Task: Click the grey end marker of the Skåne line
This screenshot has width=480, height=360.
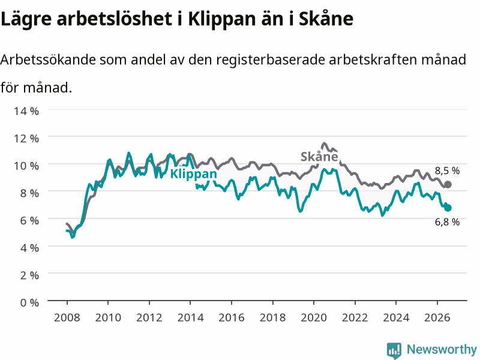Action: [x=448, y=184]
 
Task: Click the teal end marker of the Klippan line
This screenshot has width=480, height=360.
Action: [x=448, y=208]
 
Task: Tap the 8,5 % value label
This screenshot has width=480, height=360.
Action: [x=447, y=170]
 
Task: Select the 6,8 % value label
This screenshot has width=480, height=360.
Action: [x=447, y=222]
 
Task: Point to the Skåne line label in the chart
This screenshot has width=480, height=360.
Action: [x=319, y=157]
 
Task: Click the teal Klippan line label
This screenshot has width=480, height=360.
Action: [x=193, y=174]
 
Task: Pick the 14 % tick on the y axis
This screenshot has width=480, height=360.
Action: [x=26, y=111]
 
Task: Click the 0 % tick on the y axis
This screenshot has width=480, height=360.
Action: [x=29, y=302]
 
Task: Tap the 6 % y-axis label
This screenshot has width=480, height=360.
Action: [x=29, y=220]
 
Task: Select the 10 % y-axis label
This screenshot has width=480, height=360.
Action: [x=26, y=166]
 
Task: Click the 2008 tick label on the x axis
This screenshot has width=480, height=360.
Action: [x=67, y=317]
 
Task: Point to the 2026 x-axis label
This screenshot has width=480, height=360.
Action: [x=437, y=317]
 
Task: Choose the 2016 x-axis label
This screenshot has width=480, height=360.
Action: [x=232, y=317]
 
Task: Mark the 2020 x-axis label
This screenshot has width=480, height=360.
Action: [x=314, y=317]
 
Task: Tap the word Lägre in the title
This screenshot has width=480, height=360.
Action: [x=26, y=20]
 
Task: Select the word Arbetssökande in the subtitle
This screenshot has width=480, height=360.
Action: [x=48, y=59]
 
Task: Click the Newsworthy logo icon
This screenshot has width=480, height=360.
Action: [x=394, y=350]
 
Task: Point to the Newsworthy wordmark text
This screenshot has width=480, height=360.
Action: [x=442, y=349]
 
